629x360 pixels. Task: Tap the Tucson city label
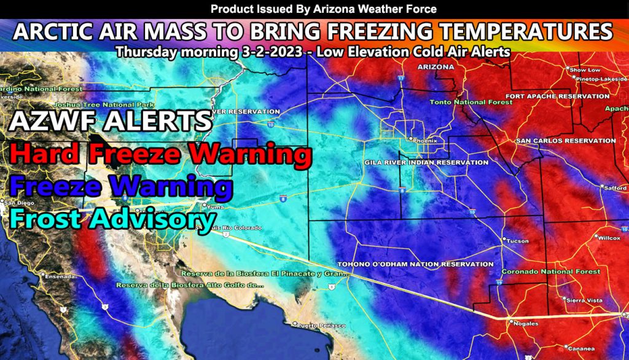click(x=517, y=241)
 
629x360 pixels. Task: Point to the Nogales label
click(x=526, y=323)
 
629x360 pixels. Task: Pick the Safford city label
click(x=617, y=187)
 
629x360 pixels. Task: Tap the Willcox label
click(x=608, y=237)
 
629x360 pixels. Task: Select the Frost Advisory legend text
click(x=111, y=219)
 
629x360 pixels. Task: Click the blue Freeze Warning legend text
click(x=120, y=186)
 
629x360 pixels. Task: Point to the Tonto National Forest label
click(x=471, y=102)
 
